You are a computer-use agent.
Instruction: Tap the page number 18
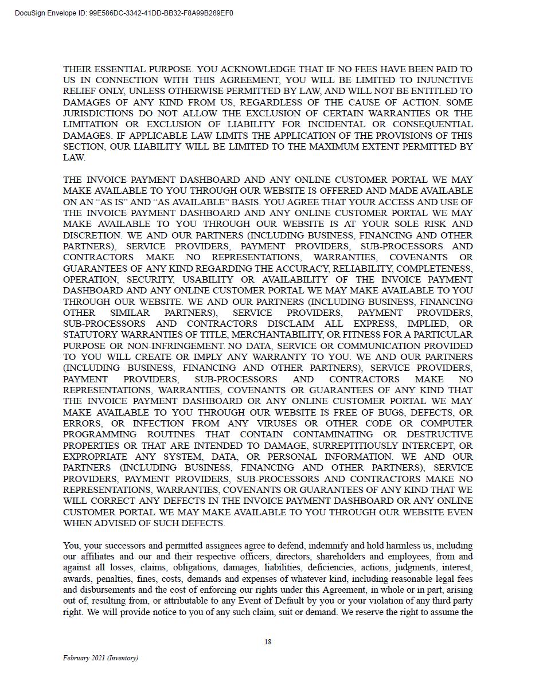268,642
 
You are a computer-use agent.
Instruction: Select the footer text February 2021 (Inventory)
100,658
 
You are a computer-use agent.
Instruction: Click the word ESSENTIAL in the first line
118,69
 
